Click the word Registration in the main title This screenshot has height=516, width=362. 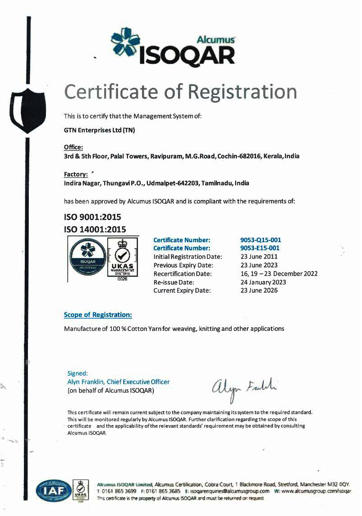click(x=242, y=91)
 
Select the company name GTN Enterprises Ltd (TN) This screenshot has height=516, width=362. click(x=99, y=131)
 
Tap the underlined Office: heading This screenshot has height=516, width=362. click(x=73, y=147)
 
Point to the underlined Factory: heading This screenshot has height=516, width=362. click(x=76, y=174)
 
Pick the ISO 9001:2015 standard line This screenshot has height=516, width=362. click(x=92, y=217)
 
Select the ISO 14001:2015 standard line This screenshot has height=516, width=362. click(x=95, y=229)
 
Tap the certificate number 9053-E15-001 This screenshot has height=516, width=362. click(x=260, y=248)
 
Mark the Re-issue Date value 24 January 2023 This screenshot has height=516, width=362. click(x=263, y=282)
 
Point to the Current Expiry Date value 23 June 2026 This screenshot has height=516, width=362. click(x=259, y=290)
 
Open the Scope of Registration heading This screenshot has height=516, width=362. click(x=98, y=315)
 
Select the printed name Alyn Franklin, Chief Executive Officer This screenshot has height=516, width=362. click(x=118, y=382)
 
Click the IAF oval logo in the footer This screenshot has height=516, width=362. click(x=54, y=490)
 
